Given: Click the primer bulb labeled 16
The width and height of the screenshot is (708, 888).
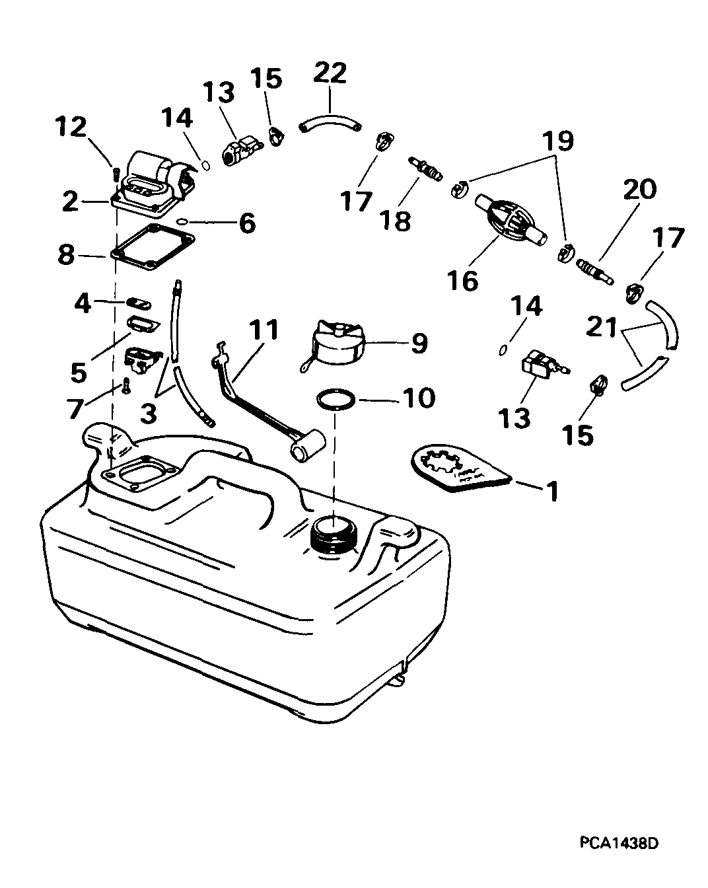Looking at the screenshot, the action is click(511, 221).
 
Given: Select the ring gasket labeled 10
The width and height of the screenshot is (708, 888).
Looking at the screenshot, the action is click(336, 400).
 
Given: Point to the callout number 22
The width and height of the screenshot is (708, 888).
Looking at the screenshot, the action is click(330, 74).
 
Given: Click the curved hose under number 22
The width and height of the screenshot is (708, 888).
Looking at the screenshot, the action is click(330, 124).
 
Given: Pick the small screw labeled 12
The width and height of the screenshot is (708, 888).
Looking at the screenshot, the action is click(115, 173).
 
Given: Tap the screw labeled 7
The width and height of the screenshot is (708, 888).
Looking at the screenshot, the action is click(126, 387).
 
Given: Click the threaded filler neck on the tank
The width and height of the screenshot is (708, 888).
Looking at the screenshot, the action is click(334, 536).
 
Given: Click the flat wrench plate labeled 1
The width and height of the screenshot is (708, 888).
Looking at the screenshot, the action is click(461, 468).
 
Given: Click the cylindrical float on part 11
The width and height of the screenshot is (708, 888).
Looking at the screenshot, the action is click(308, 445).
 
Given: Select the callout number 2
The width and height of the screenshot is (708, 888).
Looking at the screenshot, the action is click(70, 202).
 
